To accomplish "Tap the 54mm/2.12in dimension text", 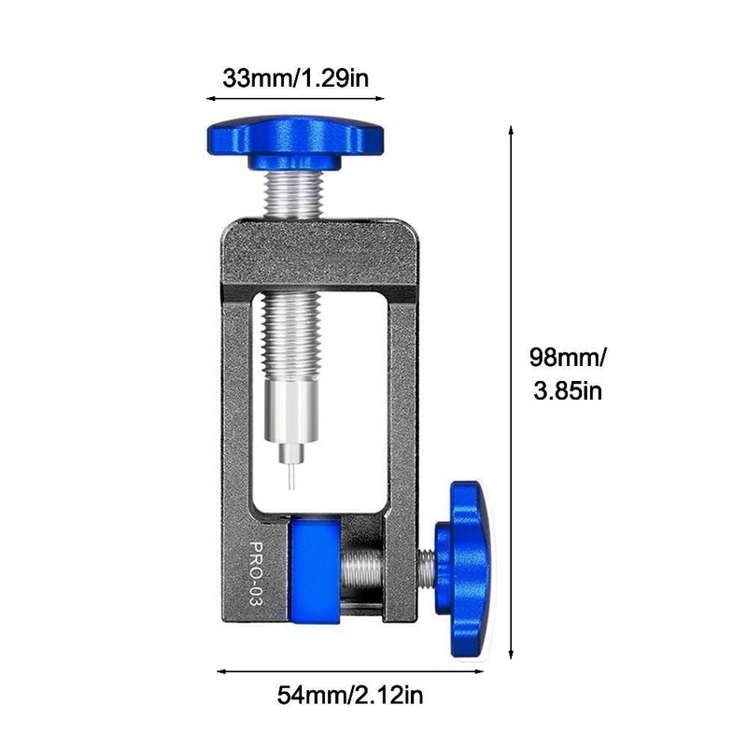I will tap(352, 695).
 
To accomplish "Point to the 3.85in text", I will tap(567, 389).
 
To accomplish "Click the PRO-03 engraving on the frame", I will tap(255, 574).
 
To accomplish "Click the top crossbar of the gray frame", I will tap(318, 252).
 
